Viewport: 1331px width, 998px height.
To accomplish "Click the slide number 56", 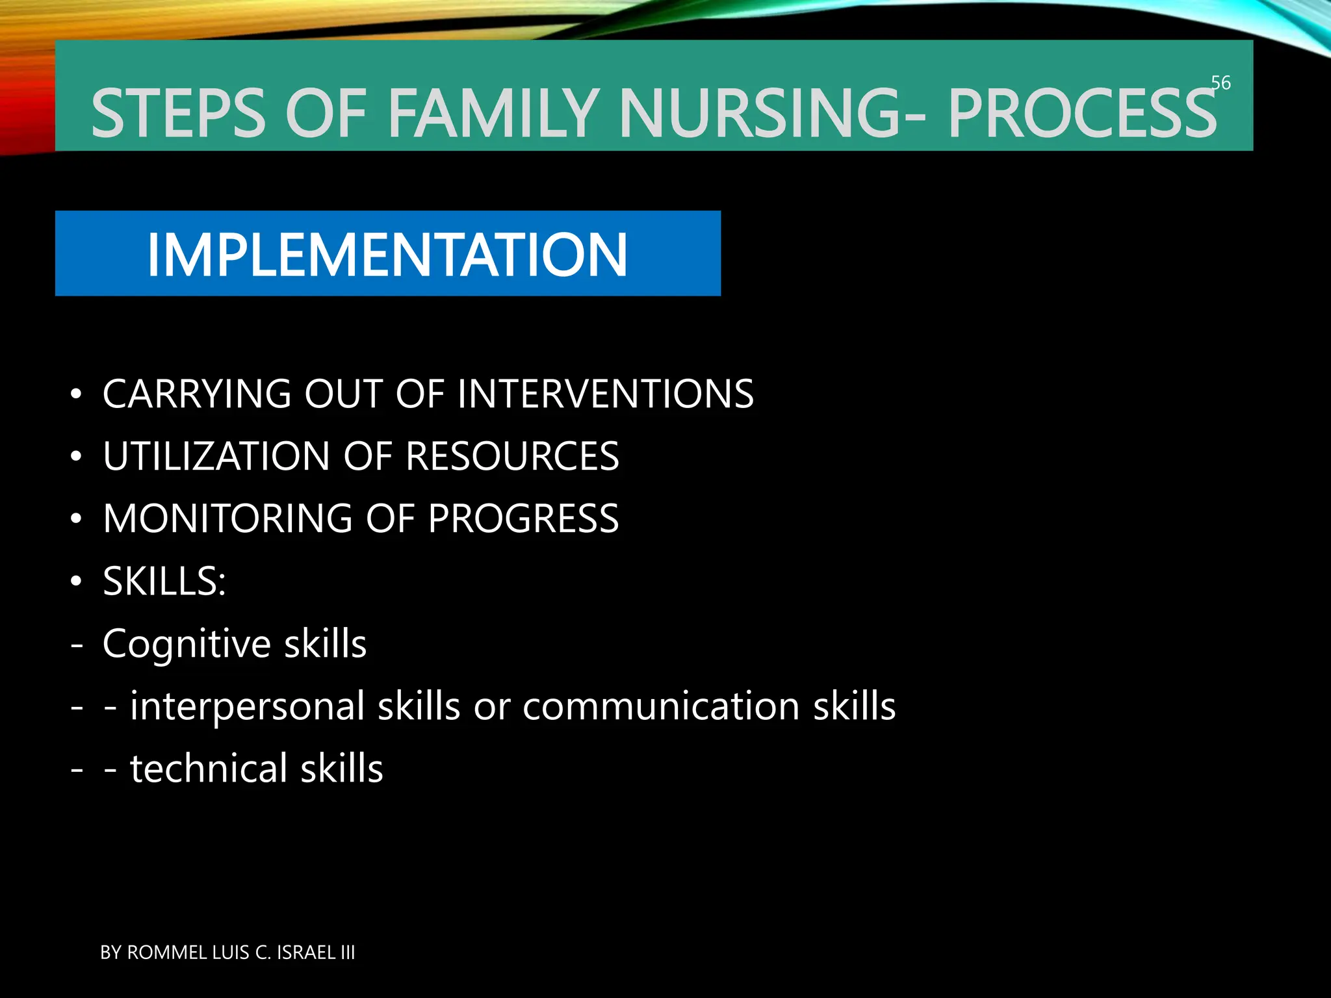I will tap(1221, 83).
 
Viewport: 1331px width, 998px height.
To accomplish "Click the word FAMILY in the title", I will tap(493, 114).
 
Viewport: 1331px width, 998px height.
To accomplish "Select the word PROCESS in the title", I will tap(1081, 114).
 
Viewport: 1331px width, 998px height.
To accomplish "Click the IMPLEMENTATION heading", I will tap(387, 255).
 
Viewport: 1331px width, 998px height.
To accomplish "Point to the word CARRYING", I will tap(197, 394).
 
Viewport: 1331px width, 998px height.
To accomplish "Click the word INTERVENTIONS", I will tap(605, 394).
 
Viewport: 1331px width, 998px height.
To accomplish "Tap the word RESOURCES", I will tap(512, 456).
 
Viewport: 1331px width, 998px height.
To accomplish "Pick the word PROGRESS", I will tap(523, 518).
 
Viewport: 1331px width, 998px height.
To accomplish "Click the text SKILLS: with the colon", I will tap(164, 581).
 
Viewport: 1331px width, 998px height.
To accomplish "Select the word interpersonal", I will tap(248, 706).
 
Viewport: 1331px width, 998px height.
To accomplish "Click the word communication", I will tap(661, 706).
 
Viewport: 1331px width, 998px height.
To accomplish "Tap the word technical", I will tap(209, 769).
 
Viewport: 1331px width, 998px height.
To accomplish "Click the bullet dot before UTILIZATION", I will tap(77, 457).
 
